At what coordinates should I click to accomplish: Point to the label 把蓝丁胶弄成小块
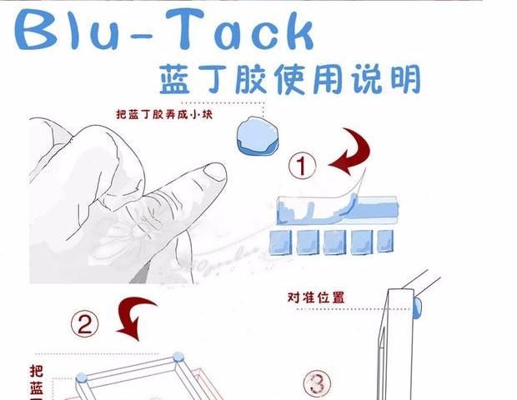point(164,115)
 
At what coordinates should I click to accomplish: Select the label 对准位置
point(316,297)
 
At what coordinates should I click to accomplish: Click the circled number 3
point(316,384)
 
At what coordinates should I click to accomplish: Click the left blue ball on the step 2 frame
point(81,380)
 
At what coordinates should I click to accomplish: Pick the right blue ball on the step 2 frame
point(178,359)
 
